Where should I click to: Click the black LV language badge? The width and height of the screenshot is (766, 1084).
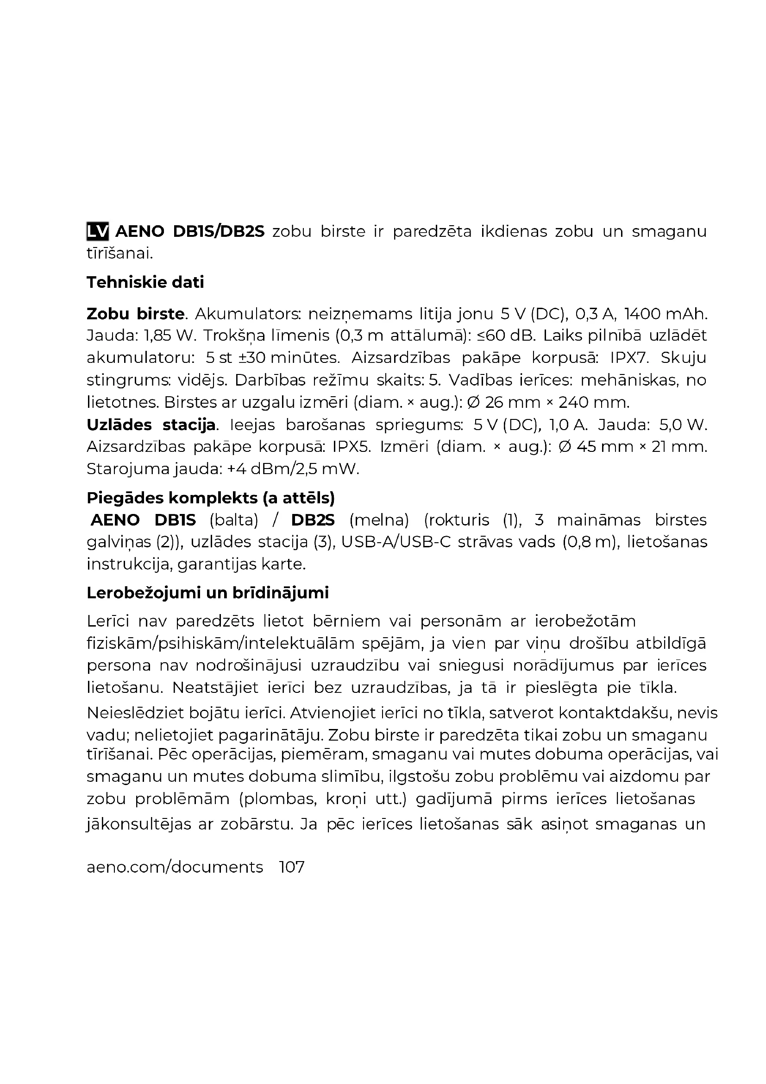(98, 231)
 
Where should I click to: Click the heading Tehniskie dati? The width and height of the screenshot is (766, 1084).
(145, 282)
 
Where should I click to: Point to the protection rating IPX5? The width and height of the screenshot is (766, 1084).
(352, 447)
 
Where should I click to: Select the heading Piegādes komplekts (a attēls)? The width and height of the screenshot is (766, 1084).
(211, 498)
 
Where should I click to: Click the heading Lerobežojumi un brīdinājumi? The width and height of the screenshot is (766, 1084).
(207, 593)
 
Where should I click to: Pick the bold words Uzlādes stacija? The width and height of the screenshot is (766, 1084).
(151, 425)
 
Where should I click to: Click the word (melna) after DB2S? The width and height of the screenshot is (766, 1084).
(379, 520)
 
